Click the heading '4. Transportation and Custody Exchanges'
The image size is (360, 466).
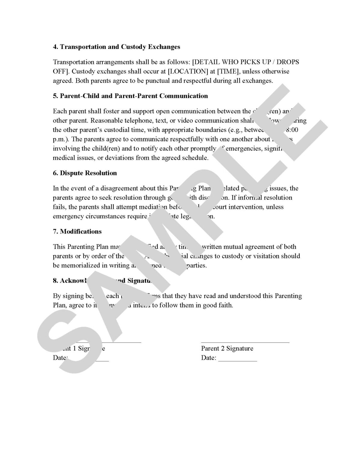point(116,47)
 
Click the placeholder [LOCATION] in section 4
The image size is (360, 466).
point(171,71)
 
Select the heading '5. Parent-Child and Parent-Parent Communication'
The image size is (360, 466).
point(130,96)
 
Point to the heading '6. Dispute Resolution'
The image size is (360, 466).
point(85,173)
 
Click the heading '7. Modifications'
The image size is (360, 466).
point(77,232)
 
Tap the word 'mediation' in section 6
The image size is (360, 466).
point(153,207)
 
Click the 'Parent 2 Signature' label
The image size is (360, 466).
point(227,348)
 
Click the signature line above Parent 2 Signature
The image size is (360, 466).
point(245,342)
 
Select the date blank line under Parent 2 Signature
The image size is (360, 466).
point(237,360)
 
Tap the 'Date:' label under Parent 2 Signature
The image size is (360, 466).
point(208,358)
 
